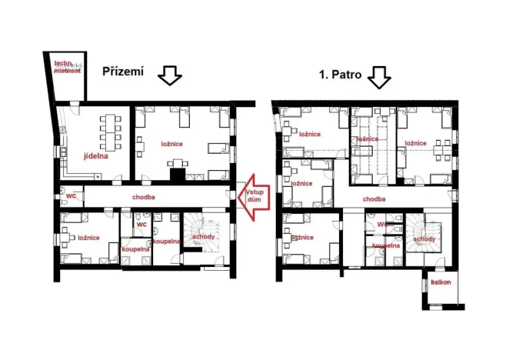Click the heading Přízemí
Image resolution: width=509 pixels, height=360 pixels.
(x=123, y=72)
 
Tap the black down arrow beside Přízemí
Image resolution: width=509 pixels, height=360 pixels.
(x=168, y=75)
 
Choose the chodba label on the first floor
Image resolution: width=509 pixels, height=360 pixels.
(x=374, y=198)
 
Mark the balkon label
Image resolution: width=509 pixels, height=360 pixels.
(x=441, y=282)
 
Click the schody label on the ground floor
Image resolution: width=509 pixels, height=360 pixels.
(x=204, y=236)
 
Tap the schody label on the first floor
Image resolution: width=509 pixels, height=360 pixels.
(x=424, y=239)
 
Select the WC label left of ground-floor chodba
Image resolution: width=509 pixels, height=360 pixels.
(x=70, y=196)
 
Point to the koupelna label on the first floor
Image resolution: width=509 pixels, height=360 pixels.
(x=386, y=245)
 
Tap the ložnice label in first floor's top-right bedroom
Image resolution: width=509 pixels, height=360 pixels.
(x=415, y=143)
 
